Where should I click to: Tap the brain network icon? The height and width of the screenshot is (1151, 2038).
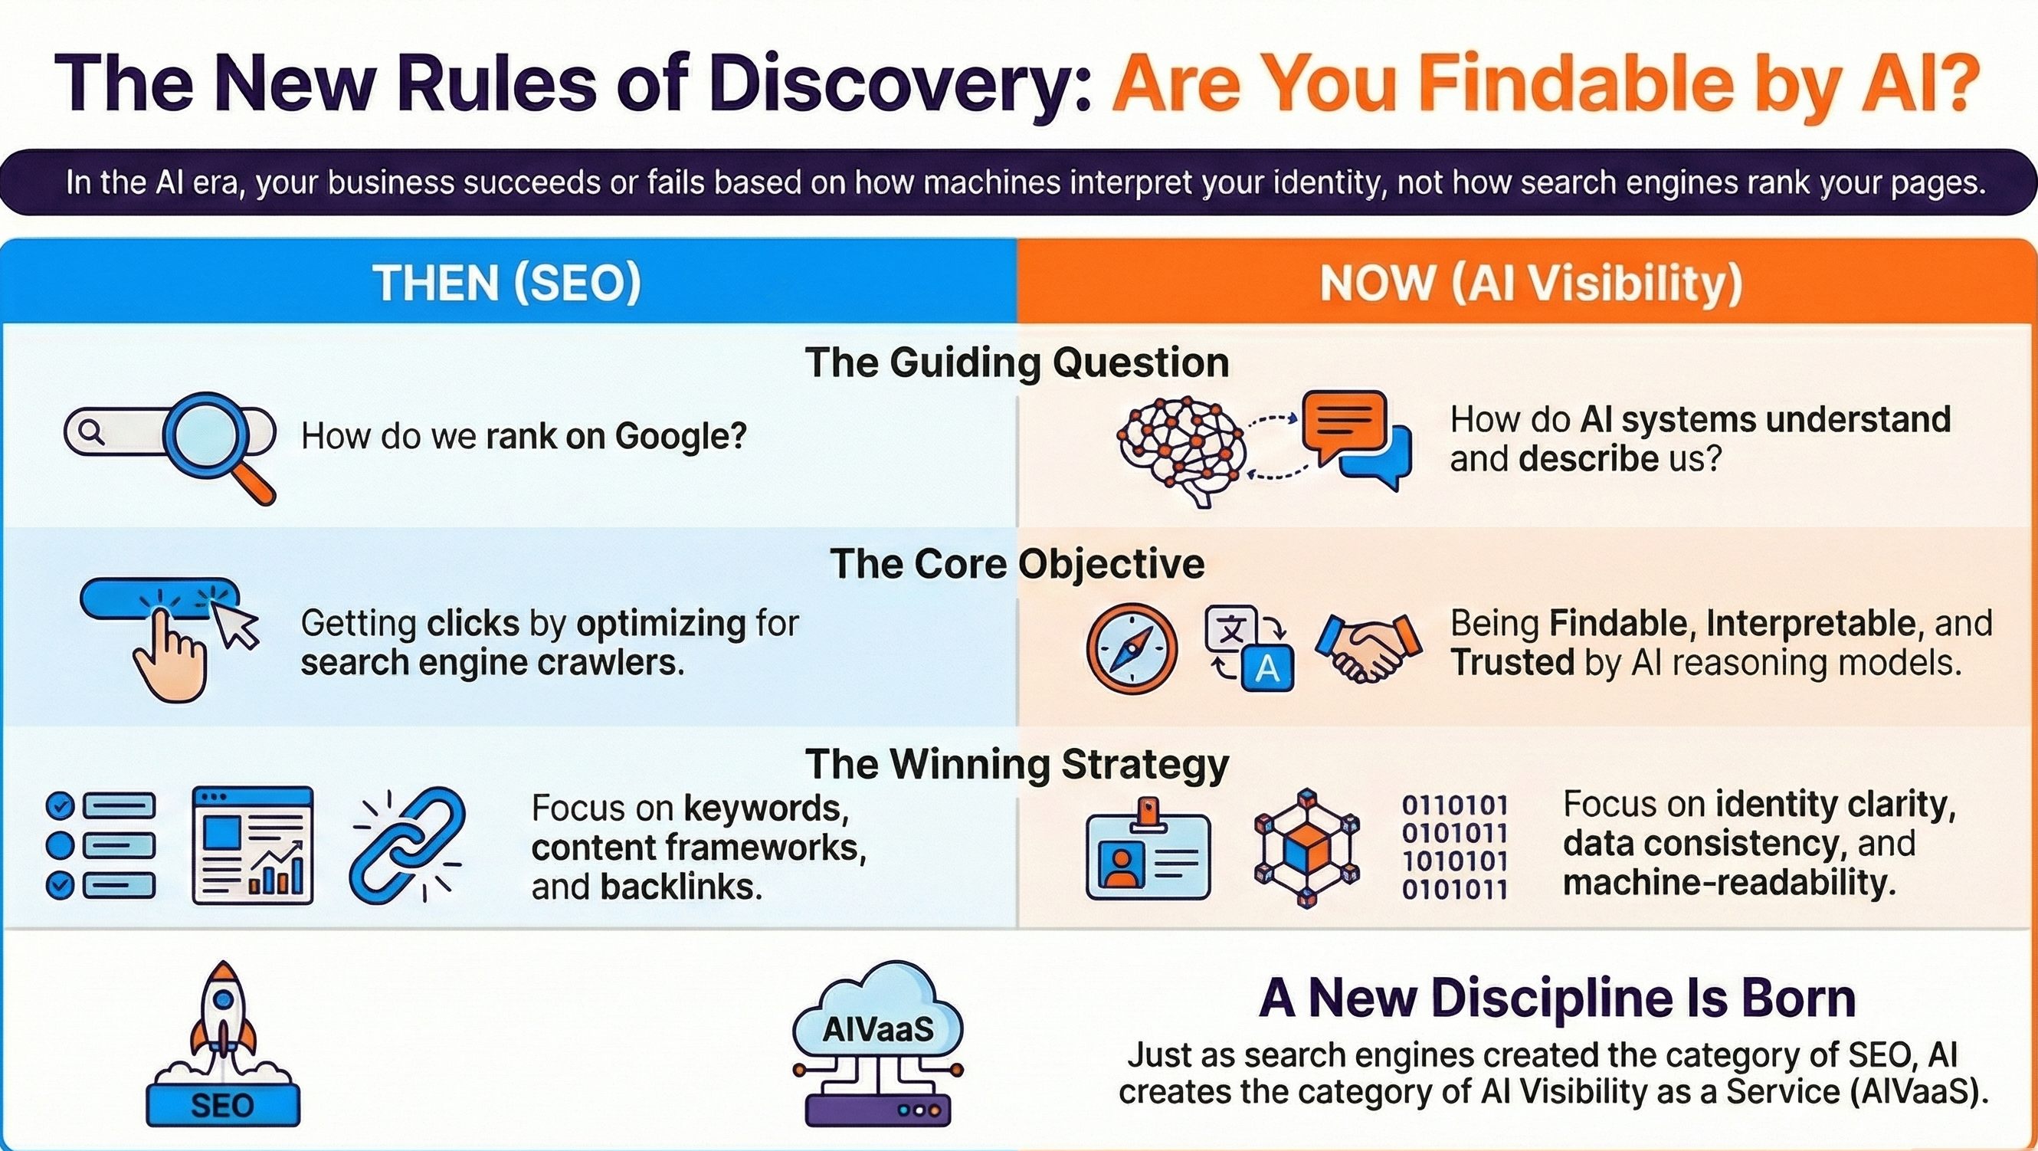point(1181,451)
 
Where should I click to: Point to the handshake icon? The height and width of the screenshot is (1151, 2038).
point(1368,648)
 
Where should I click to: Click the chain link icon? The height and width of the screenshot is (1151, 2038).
point(408,844)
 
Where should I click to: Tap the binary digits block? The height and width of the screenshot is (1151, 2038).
point(1455,848)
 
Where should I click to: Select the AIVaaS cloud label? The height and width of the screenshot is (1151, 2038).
point(878,1028)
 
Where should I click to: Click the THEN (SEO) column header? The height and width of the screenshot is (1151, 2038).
point(507,283)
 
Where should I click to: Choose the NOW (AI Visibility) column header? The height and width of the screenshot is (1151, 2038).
point(1531,283)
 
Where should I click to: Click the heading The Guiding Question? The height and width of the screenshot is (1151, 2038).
point(1017,362)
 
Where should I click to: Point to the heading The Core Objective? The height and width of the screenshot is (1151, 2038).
point(1017,563)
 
